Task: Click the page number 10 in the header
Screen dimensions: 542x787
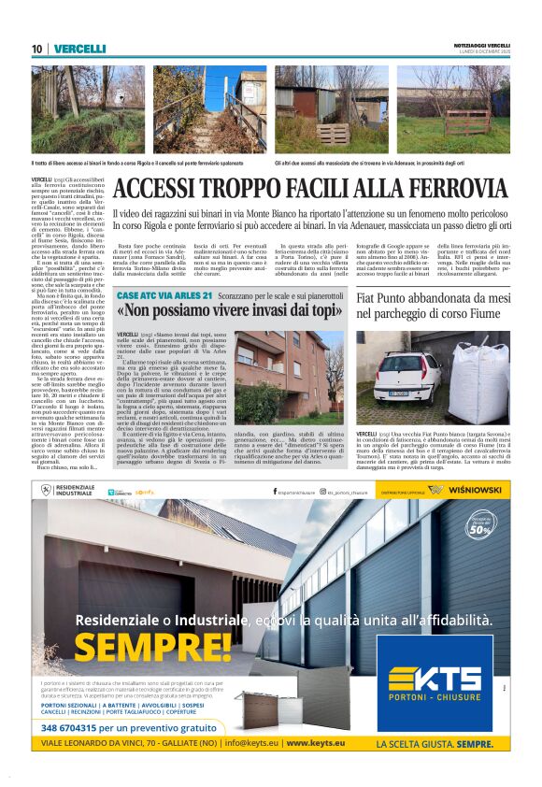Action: pos(36,49)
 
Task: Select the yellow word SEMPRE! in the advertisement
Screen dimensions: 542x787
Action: pos(152,646)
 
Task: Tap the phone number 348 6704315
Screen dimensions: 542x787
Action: pos(76,726)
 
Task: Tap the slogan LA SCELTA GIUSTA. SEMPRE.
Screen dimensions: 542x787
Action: pos(434,744)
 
